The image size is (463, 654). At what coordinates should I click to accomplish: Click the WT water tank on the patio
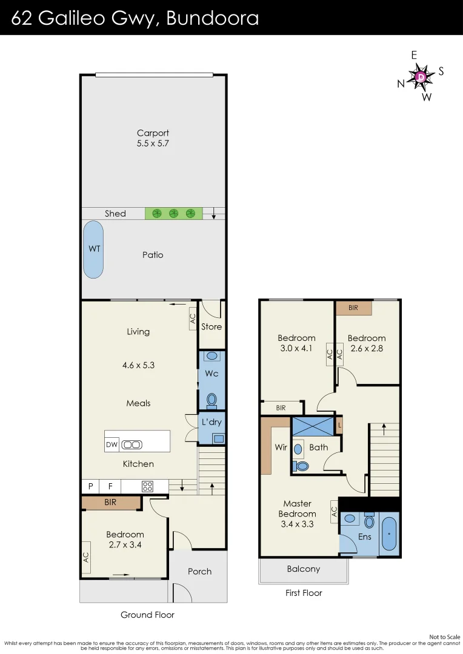93,249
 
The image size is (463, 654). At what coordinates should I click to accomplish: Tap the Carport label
153,133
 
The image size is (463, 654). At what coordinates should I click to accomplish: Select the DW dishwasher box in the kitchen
112,444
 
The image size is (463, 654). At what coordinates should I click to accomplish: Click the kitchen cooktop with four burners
147,486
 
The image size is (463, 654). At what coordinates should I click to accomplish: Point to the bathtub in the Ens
389,534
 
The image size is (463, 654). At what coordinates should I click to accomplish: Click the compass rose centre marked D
421,77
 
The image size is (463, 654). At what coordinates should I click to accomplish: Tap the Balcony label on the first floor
304,569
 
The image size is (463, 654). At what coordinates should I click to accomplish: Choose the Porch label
199,572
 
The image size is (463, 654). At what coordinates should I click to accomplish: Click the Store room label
212,326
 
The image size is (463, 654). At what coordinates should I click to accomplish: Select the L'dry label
212,422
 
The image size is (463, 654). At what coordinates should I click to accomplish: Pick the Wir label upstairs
281,447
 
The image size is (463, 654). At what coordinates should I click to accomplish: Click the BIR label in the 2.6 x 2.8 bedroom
353,308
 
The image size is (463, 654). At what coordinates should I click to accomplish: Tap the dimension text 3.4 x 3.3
298,524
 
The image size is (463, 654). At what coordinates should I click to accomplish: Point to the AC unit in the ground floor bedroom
87,557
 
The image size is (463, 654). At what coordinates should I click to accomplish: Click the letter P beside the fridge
90,486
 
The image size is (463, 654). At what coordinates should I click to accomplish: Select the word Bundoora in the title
213,18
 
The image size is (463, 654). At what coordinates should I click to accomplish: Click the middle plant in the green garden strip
174,214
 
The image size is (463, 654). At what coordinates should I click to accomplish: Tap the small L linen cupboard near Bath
339,426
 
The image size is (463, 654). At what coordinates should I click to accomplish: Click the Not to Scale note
445,637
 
